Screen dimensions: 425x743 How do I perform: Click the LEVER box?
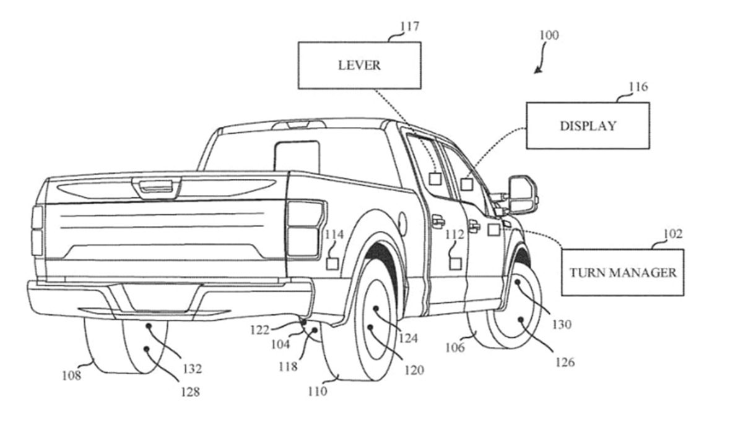[359, 65]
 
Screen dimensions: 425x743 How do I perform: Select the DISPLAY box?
[588, 126]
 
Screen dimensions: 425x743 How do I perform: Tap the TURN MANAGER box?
[622, 272]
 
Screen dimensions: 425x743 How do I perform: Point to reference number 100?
[549, 35]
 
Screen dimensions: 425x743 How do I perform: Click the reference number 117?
[409, 27]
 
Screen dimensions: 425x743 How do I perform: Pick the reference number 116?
[638, 87]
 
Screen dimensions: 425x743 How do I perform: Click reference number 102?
[672, 234]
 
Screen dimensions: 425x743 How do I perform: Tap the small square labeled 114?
[332, 264]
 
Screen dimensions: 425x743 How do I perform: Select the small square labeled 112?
[456, 264]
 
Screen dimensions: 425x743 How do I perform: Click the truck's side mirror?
[523, 194]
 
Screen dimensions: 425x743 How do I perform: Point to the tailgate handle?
[156, 186]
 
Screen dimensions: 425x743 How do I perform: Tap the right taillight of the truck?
[305, 228]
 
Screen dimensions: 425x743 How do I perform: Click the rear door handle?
[438, 220]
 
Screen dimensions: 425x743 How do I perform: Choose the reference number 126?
[565, 362]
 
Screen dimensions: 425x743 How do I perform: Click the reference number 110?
[316, 391]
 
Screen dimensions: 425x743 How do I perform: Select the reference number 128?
[189, 391]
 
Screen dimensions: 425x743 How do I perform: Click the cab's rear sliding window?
[297, 157]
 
